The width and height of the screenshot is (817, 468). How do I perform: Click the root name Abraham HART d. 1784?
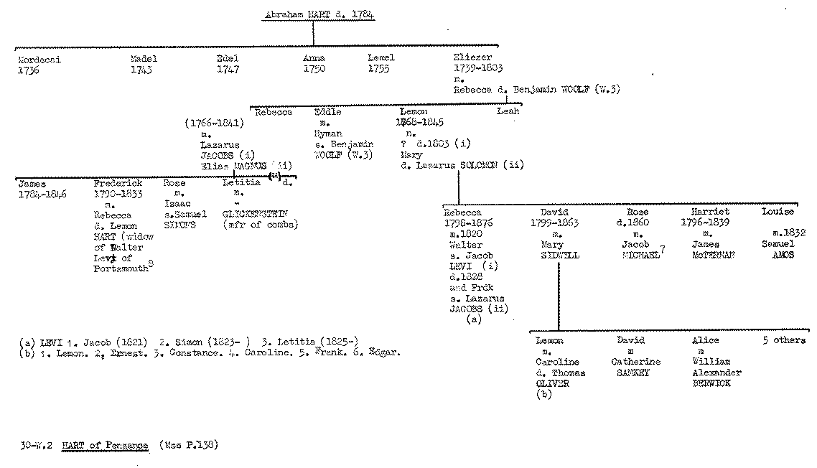319,14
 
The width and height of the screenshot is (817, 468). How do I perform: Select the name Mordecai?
39,60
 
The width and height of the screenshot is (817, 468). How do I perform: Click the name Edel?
227,59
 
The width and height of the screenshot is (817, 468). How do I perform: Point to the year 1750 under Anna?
313,70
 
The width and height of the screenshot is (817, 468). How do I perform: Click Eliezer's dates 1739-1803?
477,69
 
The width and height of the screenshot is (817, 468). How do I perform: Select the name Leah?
508,112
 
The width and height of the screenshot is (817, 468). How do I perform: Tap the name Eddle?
327,113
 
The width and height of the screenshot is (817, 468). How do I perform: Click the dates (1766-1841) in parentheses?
214,123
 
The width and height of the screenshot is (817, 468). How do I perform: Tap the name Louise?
778,212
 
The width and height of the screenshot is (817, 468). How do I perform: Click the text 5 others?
783,340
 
